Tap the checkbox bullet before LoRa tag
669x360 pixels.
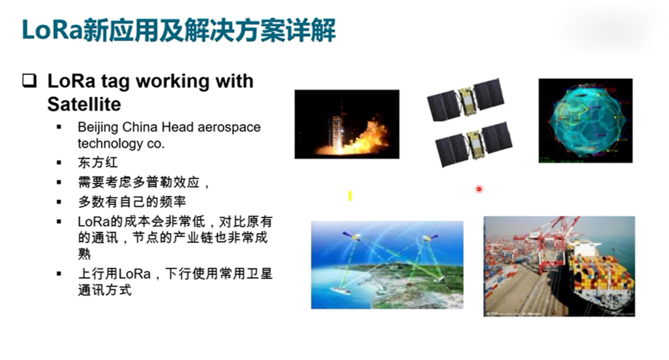click(x=30, y=80)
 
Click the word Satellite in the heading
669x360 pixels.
click(x=84, y=104)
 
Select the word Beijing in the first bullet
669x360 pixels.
click(x=98, y=128)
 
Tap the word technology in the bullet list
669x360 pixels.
click(x=110, y=144)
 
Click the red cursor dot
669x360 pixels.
click(x=479, y=189)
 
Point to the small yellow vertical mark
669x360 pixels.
click(x=350, y=196)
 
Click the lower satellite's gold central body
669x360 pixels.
click(x=474, y=144)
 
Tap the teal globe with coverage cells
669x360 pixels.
click(x=586, y=120)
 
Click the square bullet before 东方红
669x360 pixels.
click(x=59, y=162)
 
